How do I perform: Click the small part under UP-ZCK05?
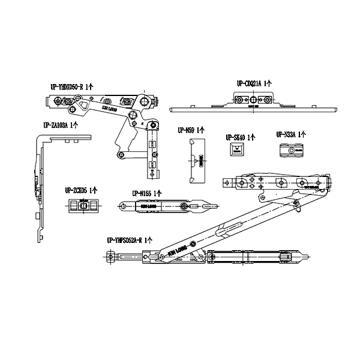pyautogui.click(x=83, y=206)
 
